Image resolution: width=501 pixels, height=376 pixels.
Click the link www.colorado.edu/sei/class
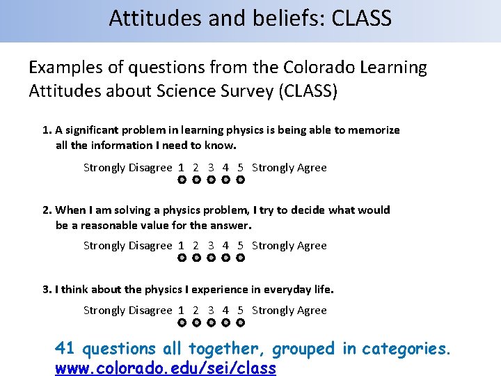coord(166,368)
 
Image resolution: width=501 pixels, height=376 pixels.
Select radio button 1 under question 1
coord(181,180)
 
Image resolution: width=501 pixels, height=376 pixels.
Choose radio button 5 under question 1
coord(240,180)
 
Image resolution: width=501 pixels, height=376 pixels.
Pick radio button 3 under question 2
coord(211,258)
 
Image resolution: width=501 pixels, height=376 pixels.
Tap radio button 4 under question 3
coord(225,323)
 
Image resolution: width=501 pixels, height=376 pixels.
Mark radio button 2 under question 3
coord(196,323)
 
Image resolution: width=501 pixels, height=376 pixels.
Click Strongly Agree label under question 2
coord(289,245)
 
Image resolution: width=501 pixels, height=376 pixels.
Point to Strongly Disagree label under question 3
coord(127,310)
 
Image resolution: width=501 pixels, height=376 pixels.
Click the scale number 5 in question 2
coord(240,245)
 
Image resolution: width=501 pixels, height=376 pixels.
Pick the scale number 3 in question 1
coord(211,167)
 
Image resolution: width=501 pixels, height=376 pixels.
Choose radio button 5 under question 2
coord(240,258)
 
